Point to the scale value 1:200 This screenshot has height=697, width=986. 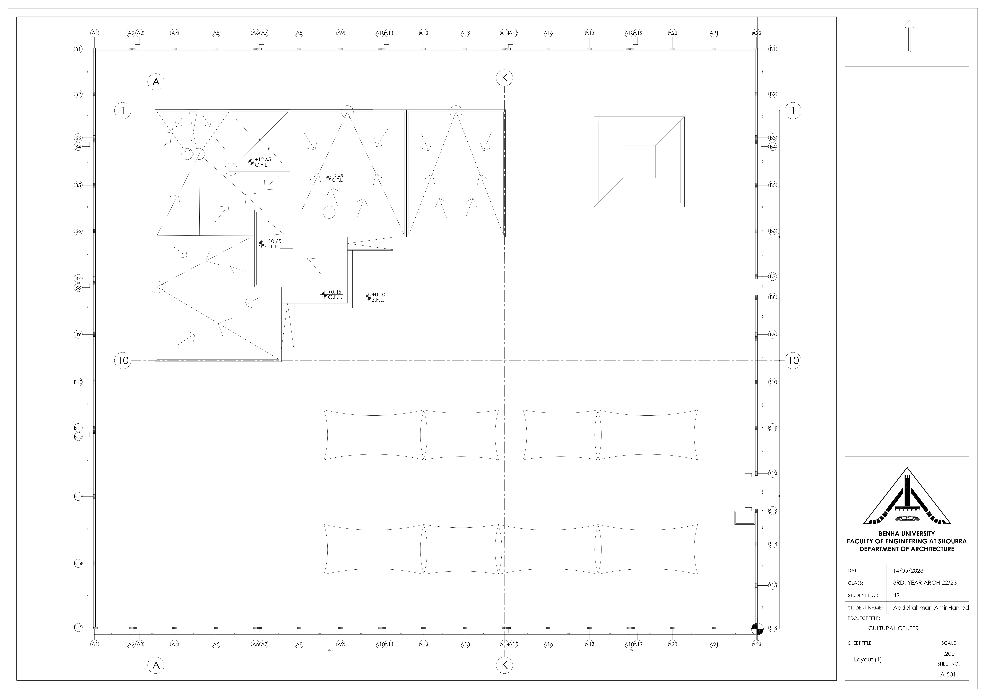(x=948, y=654)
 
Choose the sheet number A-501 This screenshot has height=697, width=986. (x=948, y=674)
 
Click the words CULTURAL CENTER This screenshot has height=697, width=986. (x=893, y=628)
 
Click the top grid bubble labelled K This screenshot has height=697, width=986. (x=505, y=78)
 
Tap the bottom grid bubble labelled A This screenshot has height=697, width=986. (x=156, y=665)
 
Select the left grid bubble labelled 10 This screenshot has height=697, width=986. (x=123, y=360)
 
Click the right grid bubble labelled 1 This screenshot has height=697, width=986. (x=793, y=111)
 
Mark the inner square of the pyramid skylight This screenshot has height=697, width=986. (x=639, y=161)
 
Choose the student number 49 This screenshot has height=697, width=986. (x=896, y=595)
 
